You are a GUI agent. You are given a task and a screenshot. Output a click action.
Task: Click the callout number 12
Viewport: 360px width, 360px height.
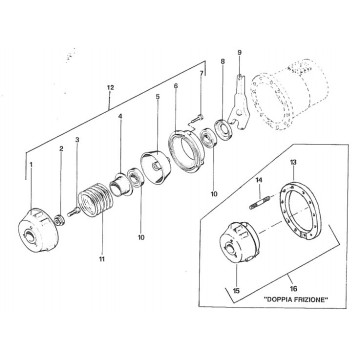110,88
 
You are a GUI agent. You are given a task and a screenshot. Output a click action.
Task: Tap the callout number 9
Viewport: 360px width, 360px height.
240,53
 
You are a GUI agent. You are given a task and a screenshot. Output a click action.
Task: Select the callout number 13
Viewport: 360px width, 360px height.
293,163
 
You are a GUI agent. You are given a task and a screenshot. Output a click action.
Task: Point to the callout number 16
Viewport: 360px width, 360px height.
294,289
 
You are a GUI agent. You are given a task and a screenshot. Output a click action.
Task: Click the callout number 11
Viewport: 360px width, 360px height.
102,259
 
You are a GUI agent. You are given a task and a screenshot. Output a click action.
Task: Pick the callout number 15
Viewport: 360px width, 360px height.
236,291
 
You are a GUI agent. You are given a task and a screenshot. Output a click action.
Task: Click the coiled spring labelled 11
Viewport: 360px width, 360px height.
93,199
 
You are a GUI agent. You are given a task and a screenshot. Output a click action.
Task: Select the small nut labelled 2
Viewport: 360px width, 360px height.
59,220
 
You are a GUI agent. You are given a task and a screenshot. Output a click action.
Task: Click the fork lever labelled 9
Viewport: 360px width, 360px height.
239,103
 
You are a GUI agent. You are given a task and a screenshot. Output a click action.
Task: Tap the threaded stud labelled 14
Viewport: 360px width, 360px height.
259,203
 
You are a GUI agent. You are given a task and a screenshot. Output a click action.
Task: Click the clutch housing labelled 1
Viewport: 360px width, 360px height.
38,230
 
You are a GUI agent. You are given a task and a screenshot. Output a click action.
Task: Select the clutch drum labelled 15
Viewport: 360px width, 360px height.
239,242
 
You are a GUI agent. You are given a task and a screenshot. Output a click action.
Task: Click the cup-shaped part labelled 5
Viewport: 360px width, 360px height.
155,167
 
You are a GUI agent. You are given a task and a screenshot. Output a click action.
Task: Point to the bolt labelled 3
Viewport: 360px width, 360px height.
73,212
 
